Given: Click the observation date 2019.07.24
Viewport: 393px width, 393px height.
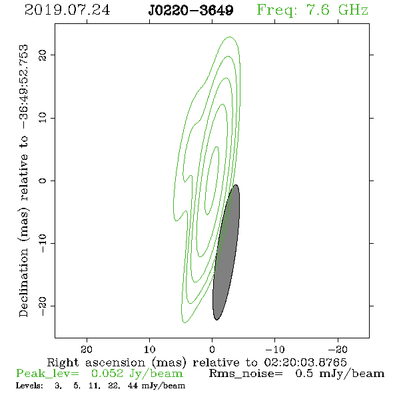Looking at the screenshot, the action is pyautogui.click(x=67, y=10).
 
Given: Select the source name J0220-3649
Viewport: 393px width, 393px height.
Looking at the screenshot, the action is pyautogui.click(x=191, y=11).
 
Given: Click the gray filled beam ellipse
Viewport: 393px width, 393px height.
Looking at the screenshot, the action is pyautogui.click(x=226, y=252).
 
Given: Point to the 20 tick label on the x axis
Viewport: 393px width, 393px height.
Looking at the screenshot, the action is pyautogui.click(x=87, y=349).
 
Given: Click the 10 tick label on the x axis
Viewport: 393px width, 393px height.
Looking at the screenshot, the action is pyautogui.click(x=149, y=349).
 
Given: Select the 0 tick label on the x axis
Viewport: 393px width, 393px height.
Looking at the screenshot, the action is pyautogui.click(x=212, y=349).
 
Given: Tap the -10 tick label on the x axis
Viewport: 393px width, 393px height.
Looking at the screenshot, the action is pyautogui.click(x=275, y=349).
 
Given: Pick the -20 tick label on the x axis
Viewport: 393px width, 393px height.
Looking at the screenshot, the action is pyautogui.click(x=338, y=349).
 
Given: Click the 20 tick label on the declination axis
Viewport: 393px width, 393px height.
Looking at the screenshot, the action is pyautogui.click(x=43, y=55).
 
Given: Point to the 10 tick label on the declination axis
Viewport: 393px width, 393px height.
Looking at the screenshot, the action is pyautogui.click(x=43, y=118).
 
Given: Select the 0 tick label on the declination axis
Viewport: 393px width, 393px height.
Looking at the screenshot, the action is pyautogui.click(x=43, y=181).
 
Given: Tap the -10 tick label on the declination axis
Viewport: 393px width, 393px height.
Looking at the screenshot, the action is pyautogui.click(x=43, y=243).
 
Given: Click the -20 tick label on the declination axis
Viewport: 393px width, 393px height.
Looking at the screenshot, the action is pyautogui.click(x=43, y=306).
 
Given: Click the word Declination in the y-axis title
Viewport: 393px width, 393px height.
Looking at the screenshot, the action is pyautogui.click(x=23, y=282).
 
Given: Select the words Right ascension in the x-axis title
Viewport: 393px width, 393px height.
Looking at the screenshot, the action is pyautogui.click(x=96, y=362).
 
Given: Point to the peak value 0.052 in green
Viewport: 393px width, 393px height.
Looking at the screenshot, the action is pyautogui.click(x=107, y=374).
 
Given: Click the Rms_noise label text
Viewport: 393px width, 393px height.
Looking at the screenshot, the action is pyautogui.click(x=246, y=374).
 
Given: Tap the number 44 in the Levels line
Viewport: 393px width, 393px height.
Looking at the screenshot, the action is pyautogui.click(x=133, y=386).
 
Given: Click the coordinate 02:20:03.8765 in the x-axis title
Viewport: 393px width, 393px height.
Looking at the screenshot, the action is pyautogui.click(x=306, y=362).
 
